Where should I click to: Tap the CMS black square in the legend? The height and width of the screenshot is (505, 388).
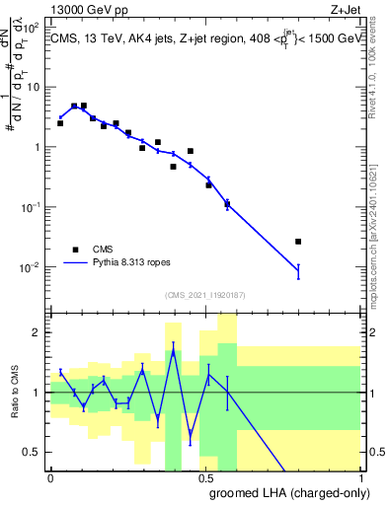click(76, 250)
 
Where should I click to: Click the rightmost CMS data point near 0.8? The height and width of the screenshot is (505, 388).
click(298, 241)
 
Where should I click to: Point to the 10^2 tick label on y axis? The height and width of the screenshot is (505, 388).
click(32, 27)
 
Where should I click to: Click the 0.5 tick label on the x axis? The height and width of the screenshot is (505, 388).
click(206, 476)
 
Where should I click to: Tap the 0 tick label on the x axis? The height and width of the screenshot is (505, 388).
click(50, 476)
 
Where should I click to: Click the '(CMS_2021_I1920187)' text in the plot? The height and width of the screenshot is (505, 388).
click(204, 295)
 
